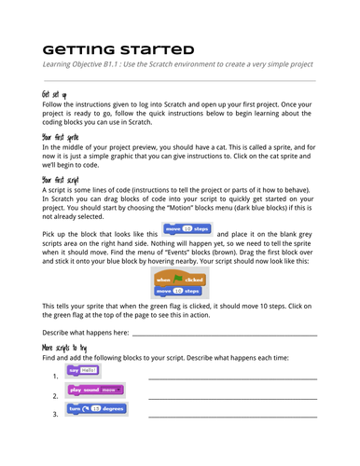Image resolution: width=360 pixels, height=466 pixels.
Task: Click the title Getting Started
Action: [118, 48]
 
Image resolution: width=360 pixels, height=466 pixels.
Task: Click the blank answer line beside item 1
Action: [231, 377]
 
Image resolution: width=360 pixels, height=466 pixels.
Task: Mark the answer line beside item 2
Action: [231, 396]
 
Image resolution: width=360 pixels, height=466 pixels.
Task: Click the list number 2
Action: [55, 395]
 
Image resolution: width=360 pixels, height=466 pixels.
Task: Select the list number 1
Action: [55, 377]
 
